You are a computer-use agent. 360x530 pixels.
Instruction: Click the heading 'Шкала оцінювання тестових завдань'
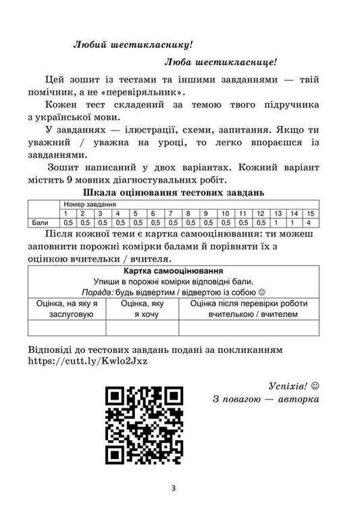180,192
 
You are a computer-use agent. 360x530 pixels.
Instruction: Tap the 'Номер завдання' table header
90,203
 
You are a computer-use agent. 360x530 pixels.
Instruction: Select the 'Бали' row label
40,221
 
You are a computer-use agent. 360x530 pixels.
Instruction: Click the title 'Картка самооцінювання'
180,270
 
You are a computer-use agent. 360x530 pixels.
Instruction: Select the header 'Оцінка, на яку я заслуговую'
67,309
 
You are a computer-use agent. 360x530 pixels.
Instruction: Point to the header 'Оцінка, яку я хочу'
142,309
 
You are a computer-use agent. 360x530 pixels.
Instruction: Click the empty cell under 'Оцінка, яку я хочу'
142,328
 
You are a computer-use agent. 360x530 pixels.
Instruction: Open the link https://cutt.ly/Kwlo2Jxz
88,360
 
